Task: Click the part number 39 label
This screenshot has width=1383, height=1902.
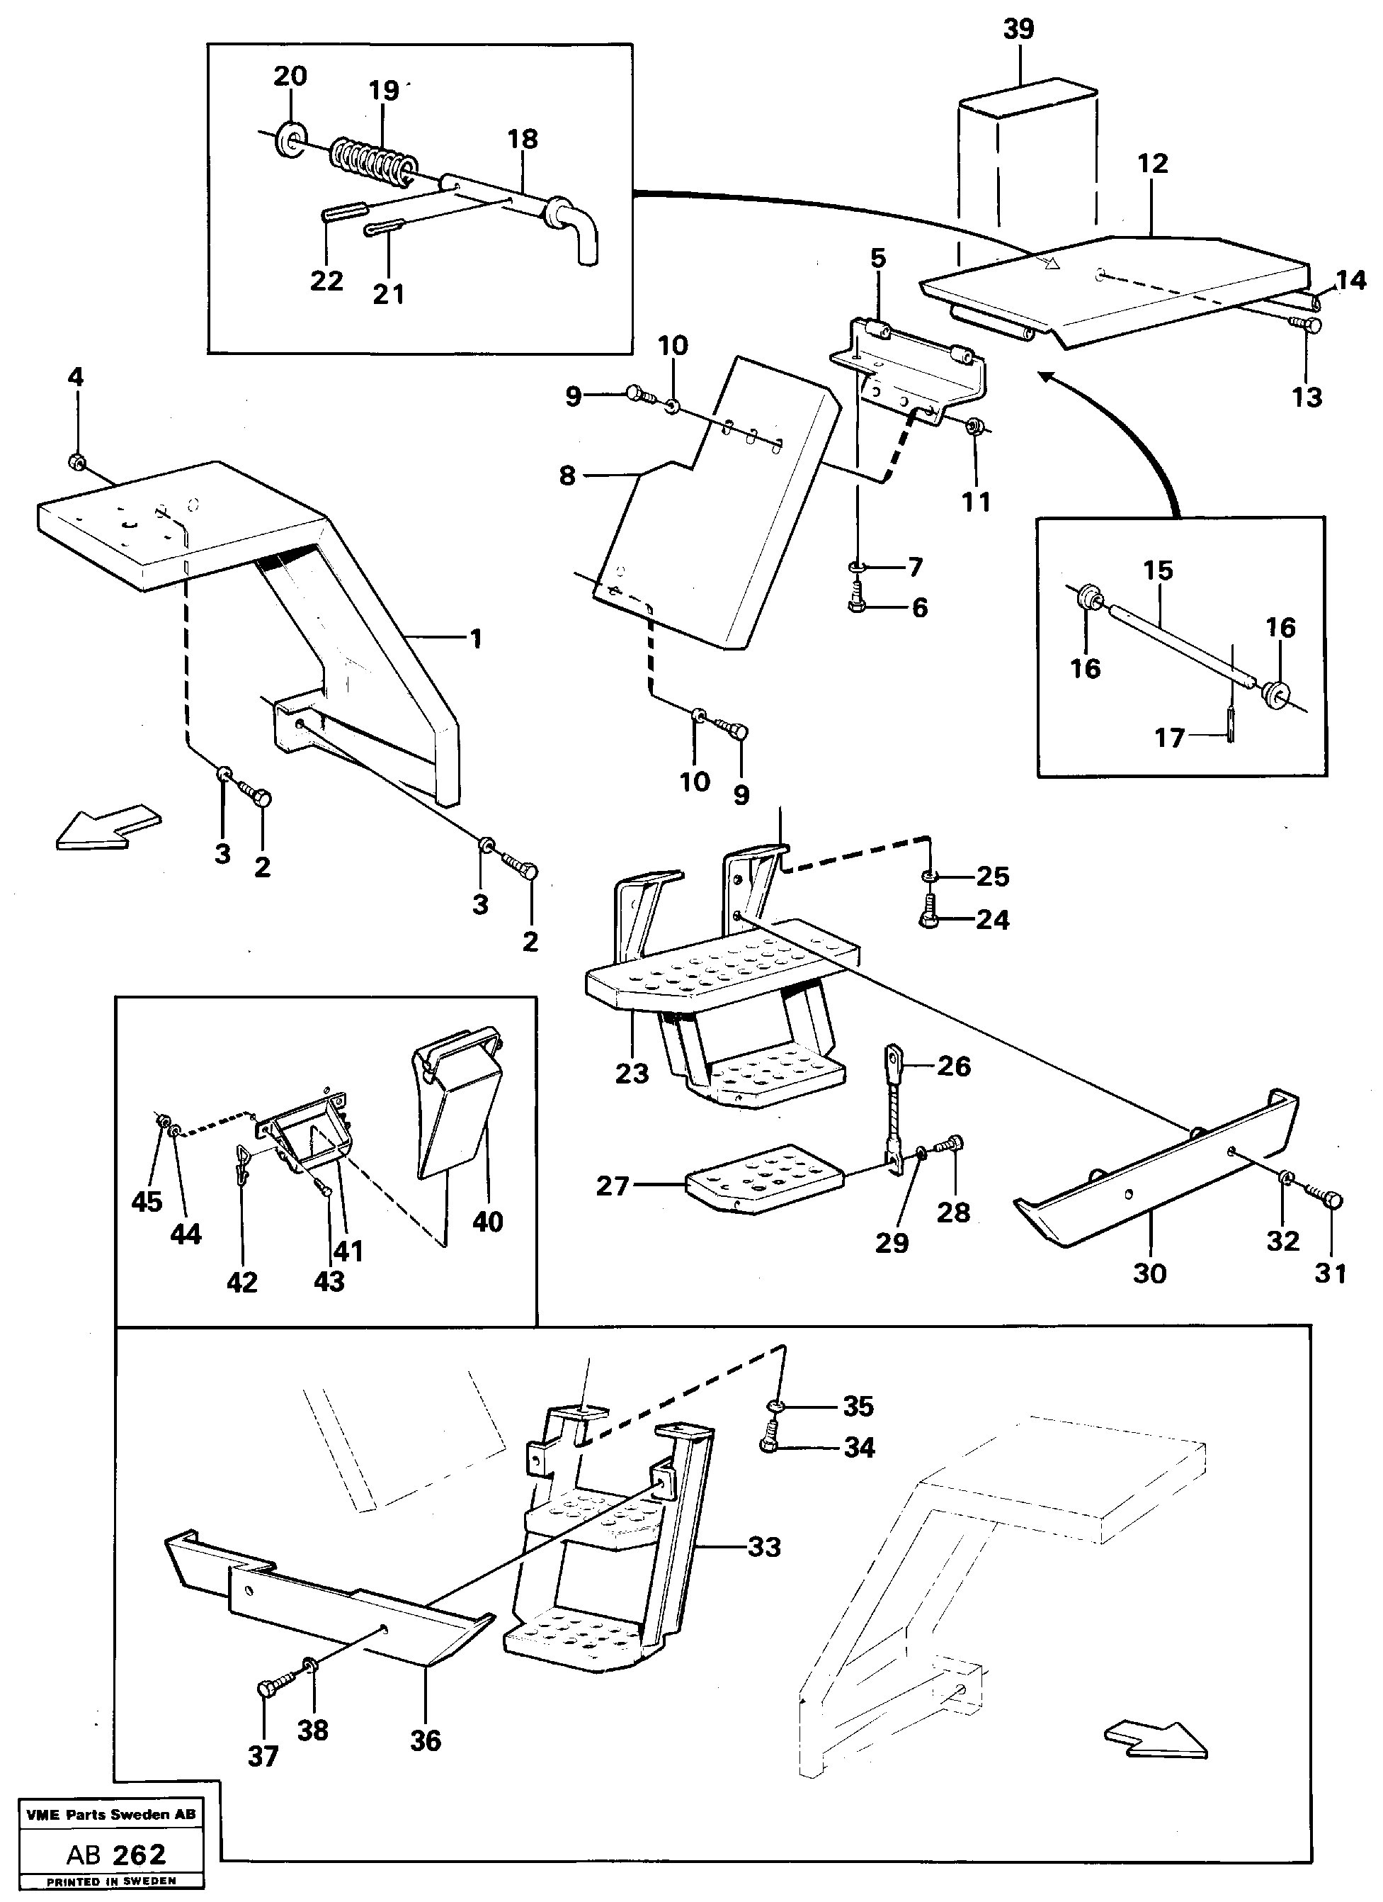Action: point(1018,29)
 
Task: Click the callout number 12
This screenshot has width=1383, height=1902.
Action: point(1153,163)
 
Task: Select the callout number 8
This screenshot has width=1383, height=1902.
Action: point(567,475)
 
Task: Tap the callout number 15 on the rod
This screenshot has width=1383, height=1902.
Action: point(1158,570)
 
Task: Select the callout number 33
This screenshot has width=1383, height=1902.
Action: point(763,1546)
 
